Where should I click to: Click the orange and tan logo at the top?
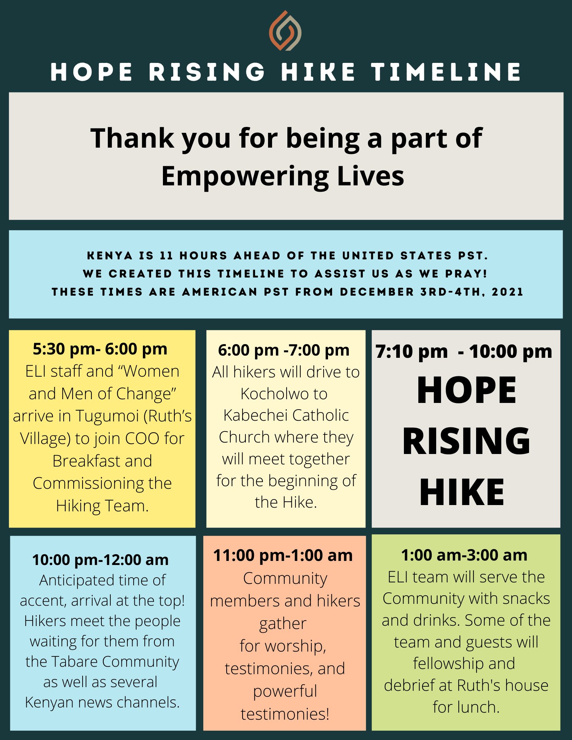tap(285, 31)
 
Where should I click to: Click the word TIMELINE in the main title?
tap(446, 72)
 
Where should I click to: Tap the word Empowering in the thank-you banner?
tap(245, 176)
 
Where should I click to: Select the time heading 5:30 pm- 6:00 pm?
tap(100, 349)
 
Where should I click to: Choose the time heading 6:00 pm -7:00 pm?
tap(284, 350)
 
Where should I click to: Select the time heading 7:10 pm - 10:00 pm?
tap(464, 351)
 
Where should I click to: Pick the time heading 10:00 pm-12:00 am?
tap(100, 560)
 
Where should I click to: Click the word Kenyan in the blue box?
tap(50, 702)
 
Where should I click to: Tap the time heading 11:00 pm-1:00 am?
tap(283, 555)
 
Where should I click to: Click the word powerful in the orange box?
tap(285, 691)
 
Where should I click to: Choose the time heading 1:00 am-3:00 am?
tap(464, 555)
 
